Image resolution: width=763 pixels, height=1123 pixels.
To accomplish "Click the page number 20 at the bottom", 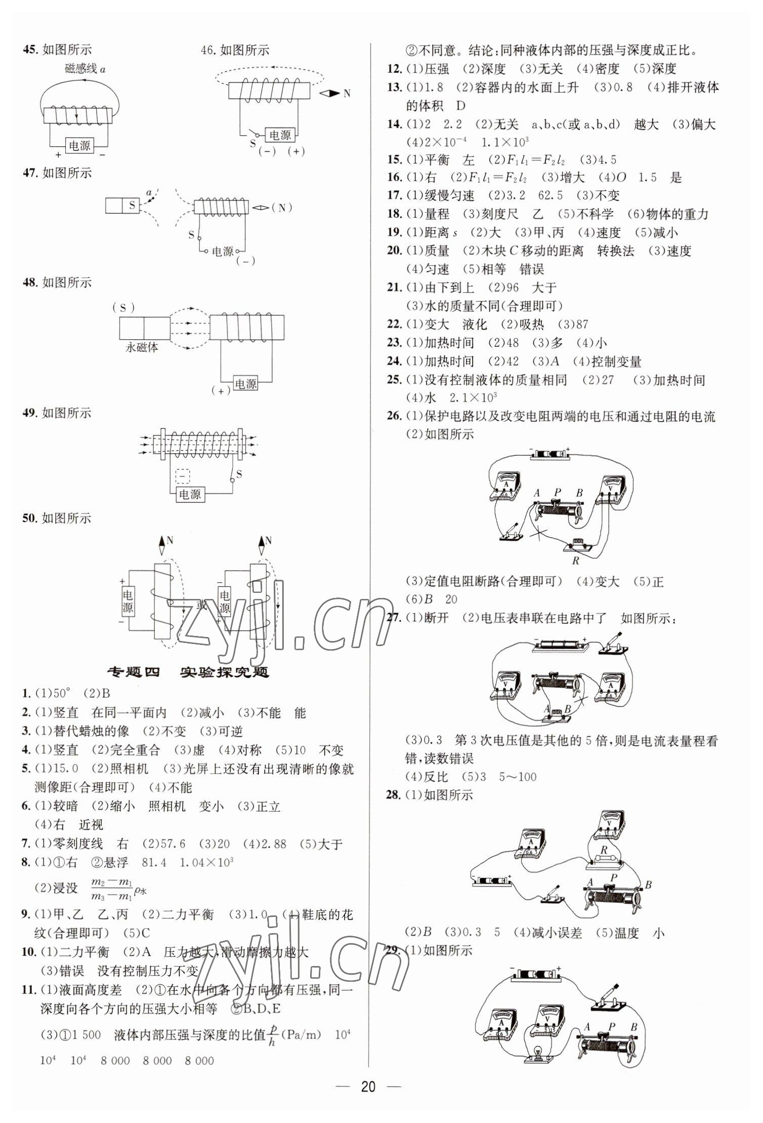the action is point(368,1087).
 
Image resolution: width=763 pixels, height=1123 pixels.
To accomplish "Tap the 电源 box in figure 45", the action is point(79,146).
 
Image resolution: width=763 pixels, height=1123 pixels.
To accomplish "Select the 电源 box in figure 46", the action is point(280,135).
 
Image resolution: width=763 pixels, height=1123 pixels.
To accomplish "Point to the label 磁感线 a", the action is point(86,68).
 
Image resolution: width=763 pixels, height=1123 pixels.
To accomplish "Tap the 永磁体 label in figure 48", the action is point(142,348).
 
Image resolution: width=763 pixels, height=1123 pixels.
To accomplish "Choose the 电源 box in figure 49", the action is point(190,494).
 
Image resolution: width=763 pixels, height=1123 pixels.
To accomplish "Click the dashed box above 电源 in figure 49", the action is point(183,476).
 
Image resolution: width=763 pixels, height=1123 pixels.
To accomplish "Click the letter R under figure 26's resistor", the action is point(575,561).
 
